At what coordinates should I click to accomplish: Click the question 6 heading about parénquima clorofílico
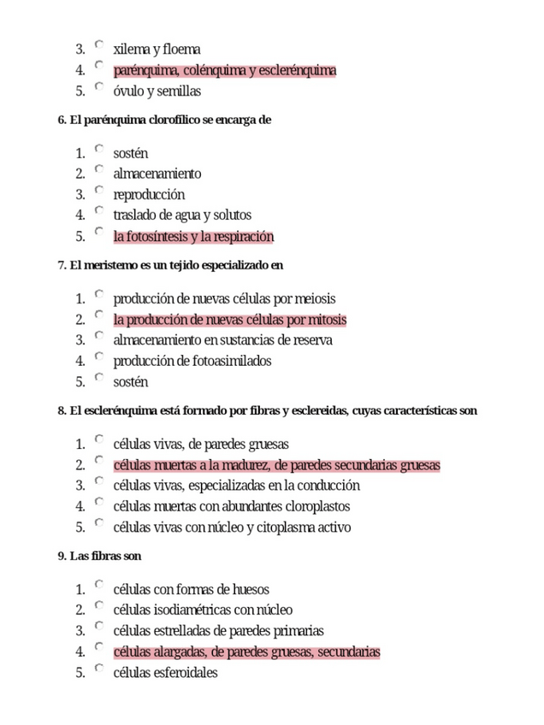[x=164, y=121]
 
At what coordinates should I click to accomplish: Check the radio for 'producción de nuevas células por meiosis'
[x=99, y=294]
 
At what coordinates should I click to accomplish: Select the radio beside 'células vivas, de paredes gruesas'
[x=99, y=439]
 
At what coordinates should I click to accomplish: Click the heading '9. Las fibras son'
[x=99, y=557]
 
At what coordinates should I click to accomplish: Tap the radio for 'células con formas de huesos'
[x=99, y=585]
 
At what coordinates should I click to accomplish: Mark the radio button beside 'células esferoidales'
[x=99, y=668]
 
